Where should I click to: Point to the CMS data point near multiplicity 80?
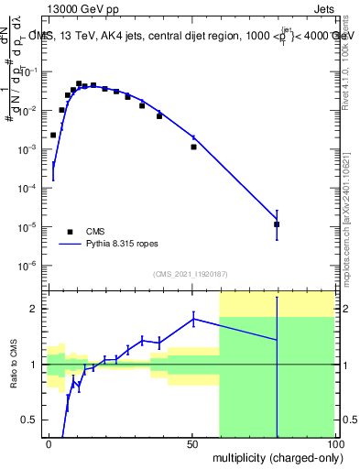[277, 224]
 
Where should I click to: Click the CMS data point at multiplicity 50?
[193, 147]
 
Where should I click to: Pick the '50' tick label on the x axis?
[192, 443]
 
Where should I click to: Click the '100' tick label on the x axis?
[333, 443]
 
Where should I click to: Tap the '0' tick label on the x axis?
[49, 443]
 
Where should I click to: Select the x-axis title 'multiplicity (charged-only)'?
[273, 456]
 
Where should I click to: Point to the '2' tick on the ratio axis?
[36, 309]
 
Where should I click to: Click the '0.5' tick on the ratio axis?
[31, 420]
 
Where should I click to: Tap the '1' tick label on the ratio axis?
[36, 365]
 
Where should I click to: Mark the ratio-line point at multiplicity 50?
[193, 318]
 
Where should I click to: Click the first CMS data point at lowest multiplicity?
[53, 135]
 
